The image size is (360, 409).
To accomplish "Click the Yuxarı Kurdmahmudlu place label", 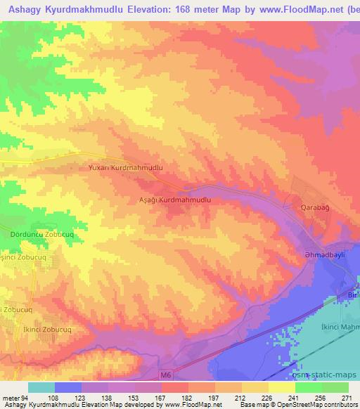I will pos(126,169).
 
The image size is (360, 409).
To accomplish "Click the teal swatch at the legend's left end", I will pos(41,387).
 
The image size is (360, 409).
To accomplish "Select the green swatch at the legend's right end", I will pos(335,387).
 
